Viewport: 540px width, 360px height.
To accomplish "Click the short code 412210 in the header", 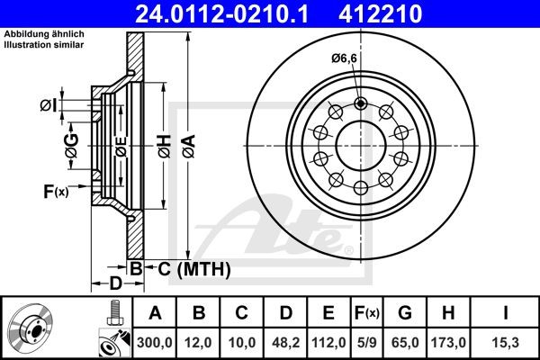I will pos(394,13).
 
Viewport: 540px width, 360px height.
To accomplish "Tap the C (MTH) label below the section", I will pos(188,268).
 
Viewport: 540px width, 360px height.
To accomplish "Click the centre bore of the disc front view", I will pos(360,144).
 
